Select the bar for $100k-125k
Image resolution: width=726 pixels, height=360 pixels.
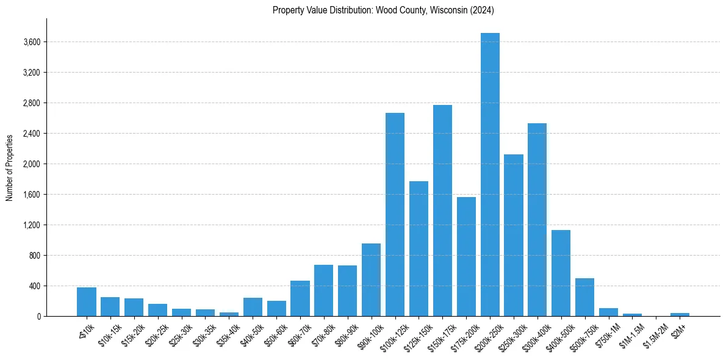(x=395, y=214)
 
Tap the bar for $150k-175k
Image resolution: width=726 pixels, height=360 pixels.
(x=442, y=211)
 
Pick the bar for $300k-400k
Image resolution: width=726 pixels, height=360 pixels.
(x=537, y=220)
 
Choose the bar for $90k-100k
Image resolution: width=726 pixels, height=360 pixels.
(x=371, y=279)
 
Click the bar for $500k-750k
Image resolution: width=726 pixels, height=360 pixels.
(x=584, y=297)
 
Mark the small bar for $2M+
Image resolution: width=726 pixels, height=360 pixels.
(x=680, y=314)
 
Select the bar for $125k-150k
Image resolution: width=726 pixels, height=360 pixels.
(x=419, y=248)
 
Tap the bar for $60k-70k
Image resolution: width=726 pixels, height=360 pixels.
(x=300, y=298)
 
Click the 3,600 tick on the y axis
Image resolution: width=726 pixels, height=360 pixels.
(x=32, y=42)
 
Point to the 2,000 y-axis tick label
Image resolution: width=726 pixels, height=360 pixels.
(x=32, y=164)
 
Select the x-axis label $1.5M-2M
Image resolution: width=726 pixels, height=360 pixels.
(x=653, y=334)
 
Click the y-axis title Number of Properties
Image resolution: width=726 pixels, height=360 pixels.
(x=9, y=167)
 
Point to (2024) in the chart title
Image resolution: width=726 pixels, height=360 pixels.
(x=483, y=10)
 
